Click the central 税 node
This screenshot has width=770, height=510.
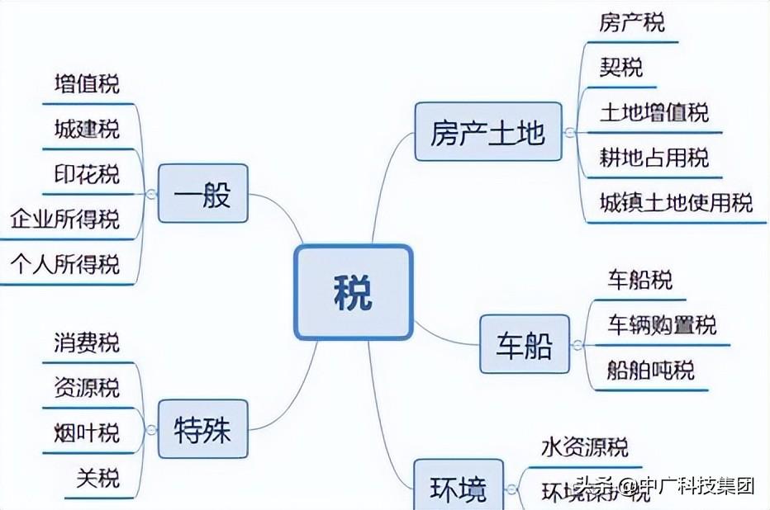coord(354,291)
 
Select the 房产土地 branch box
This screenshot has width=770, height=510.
coord(487,133)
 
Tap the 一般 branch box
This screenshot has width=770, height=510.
coord(202,195)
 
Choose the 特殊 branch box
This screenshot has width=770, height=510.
coord(202,430)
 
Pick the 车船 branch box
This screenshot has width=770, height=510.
coord(525,344)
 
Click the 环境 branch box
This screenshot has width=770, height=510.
coord(458,488)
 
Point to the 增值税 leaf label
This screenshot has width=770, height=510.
coord(87,84)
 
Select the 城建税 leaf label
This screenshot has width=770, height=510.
coord(87,129)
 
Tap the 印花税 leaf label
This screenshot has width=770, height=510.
coord(87,174)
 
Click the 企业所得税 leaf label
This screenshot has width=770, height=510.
coord(65,220)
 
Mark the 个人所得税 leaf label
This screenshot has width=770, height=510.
coord(65,264)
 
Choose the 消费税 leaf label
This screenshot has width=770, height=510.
coord(87,342)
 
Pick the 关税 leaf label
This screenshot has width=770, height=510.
coord(97,477)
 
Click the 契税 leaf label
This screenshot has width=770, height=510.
coord(621,67)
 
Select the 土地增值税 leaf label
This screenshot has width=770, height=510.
coord(654,112)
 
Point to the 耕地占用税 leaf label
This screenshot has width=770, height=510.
coord(654,157)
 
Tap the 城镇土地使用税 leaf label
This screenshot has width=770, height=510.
coord(676,202)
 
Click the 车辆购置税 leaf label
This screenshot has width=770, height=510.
coord(662,324)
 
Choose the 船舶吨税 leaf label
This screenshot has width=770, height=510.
coord(651,369)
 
